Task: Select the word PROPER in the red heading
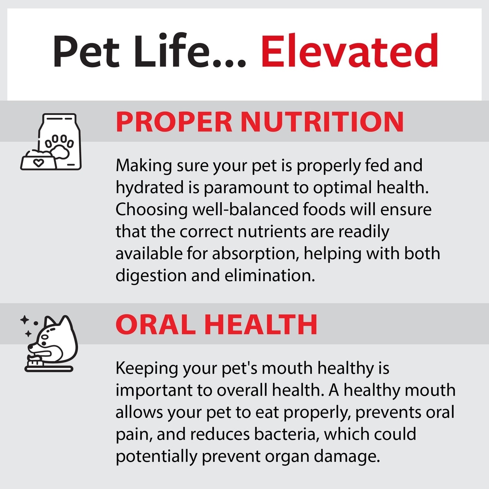174,122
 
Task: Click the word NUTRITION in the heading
322,122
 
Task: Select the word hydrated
150,188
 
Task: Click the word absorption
256,254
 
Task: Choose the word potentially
156,457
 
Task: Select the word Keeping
147,369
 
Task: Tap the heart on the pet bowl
38,163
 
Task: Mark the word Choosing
152,210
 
